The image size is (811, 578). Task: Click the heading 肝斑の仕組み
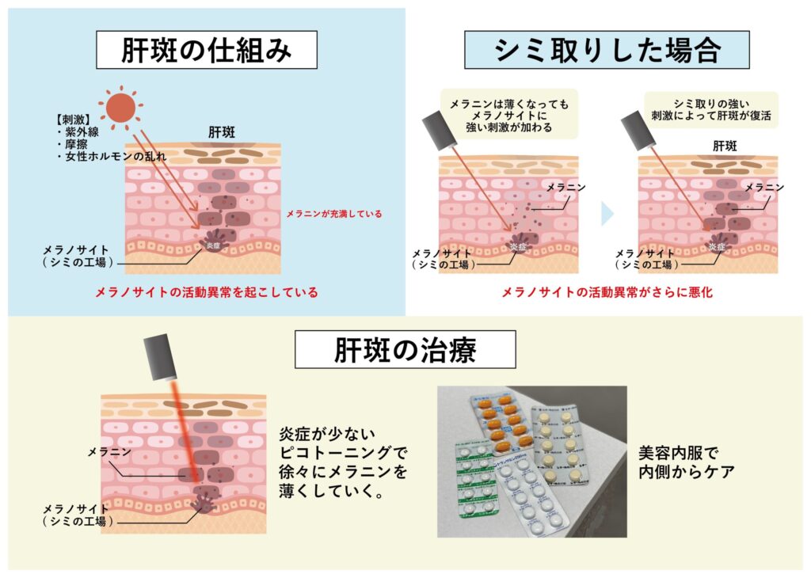[207, 51]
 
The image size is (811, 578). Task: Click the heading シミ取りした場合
[607, 51]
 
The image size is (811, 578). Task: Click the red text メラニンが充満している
[333, 213]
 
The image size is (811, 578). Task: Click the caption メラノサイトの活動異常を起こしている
[206, 292]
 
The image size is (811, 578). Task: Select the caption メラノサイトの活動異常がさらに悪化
[607, 292]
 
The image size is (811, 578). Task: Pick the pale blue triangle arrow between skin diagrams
[607, 213]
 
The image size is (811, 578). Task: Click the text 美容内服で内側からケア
[687, 464]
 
